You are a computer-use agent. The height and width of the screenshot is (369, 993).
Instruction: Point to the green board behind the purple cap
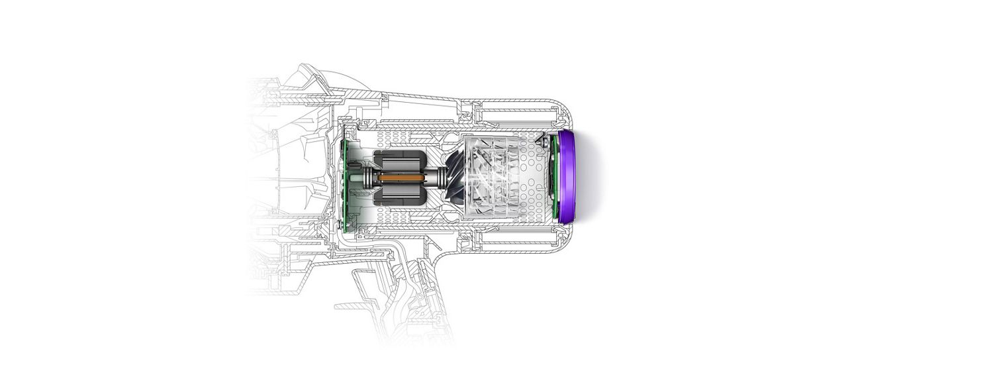tap(551, 176)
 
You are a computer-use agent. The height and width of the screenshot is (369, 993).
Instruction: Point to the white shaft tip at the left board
tap(354, 177)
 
